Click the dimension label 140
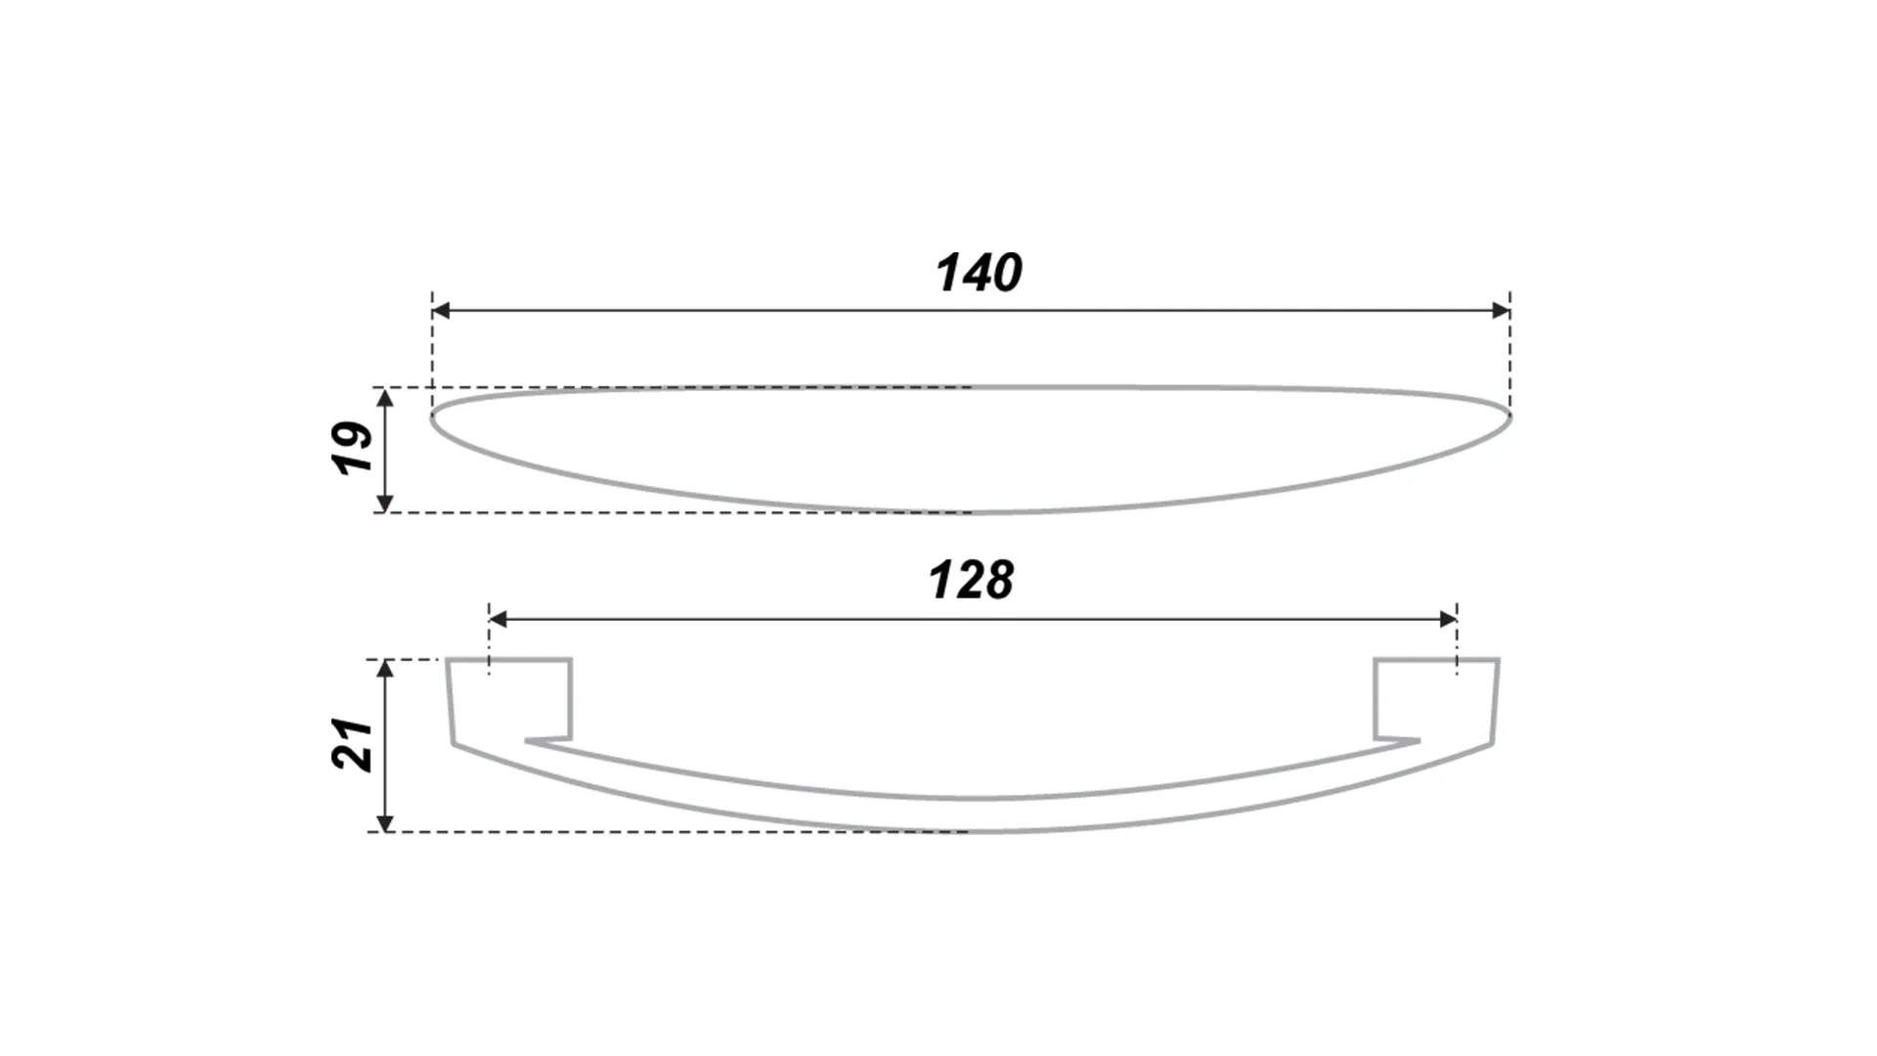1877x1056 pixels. pos(980,273)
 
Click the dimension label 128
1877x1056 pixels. pos(971,580)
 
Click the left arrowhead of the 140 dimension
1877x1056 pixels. pos(441,311)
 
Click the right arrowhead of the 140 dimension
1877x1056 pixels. pos(1502,311)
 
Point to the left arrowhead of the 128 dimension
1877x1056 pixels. pos(499,619)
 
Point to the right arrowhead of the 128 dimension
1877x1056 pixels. pos(1448,619)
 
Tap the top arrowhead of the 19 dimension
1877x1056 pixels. pos(385,398)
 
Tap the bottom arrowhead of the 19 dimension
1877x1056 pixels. pos(385,503)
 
